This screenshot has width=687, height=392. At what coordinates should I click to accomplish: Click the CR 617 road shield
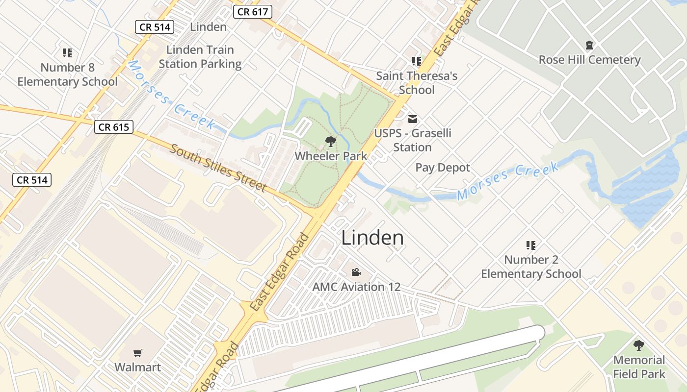click(253, 12)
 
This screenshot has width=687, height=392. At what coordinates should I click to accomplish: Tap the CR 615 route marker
click(114, 127)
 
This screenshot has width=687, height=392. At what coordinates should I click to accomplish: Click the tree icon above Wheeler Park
click(331, 142)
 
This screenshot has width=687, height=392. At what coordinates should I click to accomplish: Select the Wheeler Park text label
click(331, 156)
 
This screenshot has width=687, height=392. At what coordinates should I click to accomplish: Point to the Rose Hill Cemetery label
click(589, 60)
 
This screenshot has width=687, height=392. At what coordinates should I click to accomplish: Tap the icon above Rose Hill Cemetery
click(589, 46)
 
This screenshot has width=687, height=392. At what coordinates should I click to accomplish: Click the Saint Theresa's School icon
click(417, 61)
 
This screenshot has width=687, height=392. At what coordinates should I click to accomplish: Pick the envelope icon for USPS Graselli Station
click(413, 119)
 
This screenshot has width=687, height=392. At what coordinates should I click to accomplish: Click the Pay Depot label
click(443, 168)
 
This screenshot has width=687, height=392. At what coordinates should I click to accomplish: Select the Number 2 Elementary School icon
click(530, 245)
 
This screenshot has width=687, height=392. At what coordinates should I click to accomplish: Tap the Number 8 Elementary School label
click(67, 74)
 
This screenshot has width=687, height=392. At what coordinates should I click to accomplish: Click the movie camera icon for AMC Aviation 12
click(356, 272)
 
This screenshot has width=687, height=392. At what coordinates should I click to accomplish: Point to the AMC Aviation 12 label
click(356, 287)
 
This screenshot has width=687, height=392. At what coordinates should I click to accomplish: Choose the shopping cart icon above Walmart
click(138, 353)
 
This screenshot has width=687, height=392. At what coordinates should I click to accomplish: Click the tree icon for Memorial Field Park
click(638, 345)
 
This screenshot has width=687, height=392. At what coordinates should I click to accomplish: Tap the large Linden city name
click(372, 238)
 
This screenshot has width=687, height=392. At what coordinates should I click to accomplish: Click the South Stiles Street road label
click(218, 168)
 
